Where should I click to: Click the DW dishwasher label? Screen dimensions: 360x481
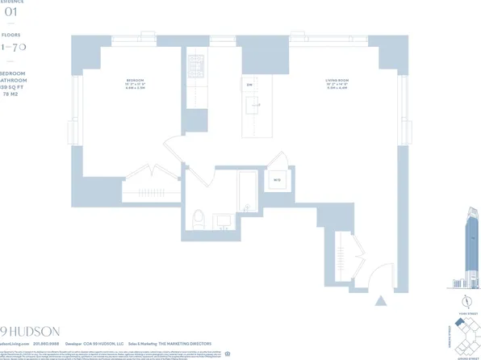tap(249, 84)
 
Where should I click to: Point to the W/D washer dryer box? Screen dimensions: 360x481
tap(277, 179)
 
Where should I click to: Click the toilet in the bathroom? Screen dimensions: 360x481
tap(198, 216)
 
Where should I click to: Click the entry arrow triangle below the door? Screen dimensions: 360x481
tap(380, 301)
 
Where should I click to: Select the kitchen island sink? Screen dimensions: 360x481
tap(257, 102)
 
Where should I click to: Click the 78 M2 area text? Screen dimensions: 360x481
tap(11, 100)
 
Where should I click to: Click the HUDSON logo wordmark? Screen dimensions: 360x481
tap(24, 330)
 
